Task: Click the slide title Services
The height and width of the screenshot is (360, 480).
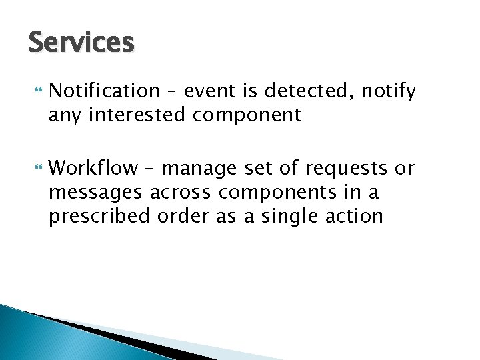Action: pyautogui.click(x=81, y=43)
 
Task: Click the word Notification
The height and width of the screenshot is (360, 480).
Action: pyautogui.click(x=105, y=91)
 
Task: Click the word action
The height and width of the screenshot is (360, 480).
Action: pyautogui.click(x=356, y=216)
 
